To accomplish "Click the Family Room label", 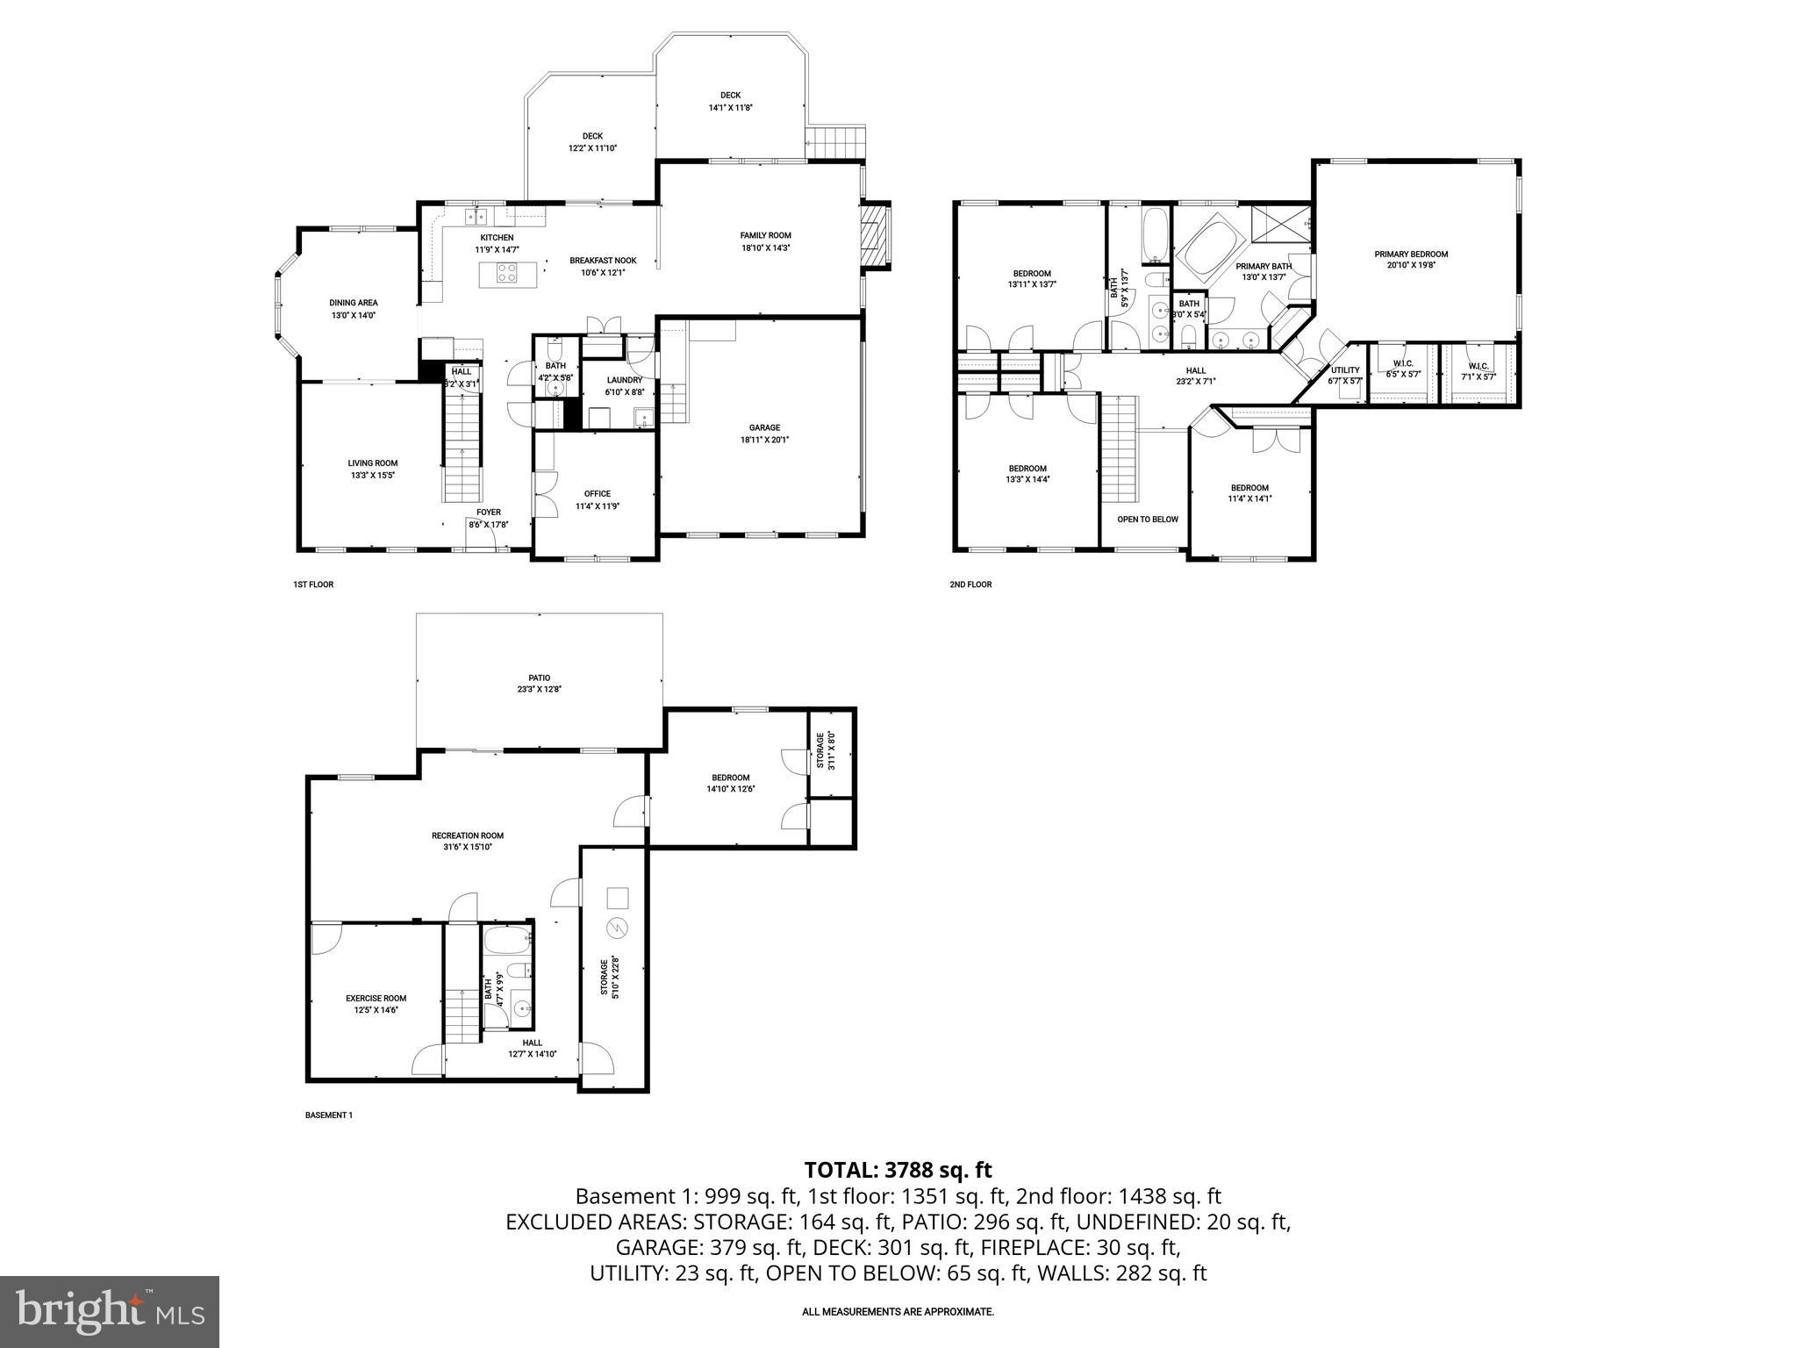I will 765,235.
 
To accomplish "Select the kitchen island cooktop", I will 507,273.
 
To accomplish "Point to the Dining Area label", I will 354,303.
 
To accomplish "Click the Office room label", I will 597,493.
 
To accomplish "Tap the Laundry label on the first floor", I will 624,380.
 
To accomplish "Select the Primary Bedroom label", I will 1411,255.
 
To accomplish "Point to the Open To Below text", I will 1147,520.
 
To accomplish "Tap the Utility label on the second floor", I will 1344,370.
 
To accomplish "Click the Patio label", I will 539,678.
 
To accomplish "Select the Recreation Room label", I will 468,835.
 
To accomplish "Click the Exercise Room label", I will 376,998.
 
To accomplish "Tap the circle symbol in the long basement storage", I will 618,929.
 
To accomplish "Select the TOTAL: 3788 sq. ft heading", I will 898,1170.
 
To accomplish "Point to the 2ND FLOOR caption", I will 970,584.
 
